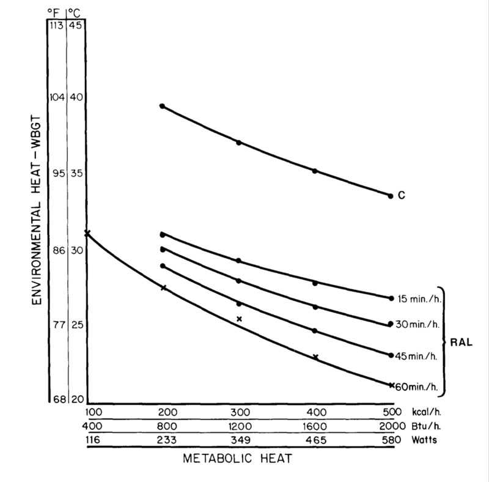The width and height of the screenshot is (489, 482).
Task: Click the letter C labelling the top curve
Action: (x=402, y=196)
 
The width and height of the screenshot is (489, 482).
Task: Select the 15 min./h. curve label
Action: (x=417, y=298)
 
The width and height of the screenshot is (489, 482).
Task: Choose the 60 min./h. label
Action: (x=417, y=386)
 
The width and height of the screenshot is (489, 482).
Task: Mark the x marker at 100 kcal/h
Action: (x=87, y=232)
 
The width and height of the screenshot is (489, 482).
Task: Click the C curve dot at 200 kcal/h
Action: (x=163, y=106)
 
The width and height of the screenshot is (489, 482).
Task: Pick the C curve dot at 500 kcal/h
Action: (x=391, y=196)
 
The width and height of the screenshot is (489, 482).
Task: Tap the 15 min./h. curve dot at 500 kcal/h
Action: (x=391, y=298)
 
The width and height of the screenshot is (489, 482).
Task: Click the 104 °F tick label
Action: (x=57, y=97)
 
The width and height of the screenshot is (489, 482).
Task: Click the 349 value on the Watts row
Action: (x=239, y=440)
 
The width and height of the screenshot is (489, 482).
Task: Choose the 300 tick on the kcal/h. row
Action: (x=239, y=410)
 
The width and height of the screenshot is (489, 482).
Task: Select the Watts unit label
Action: (x=420, y=440)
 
